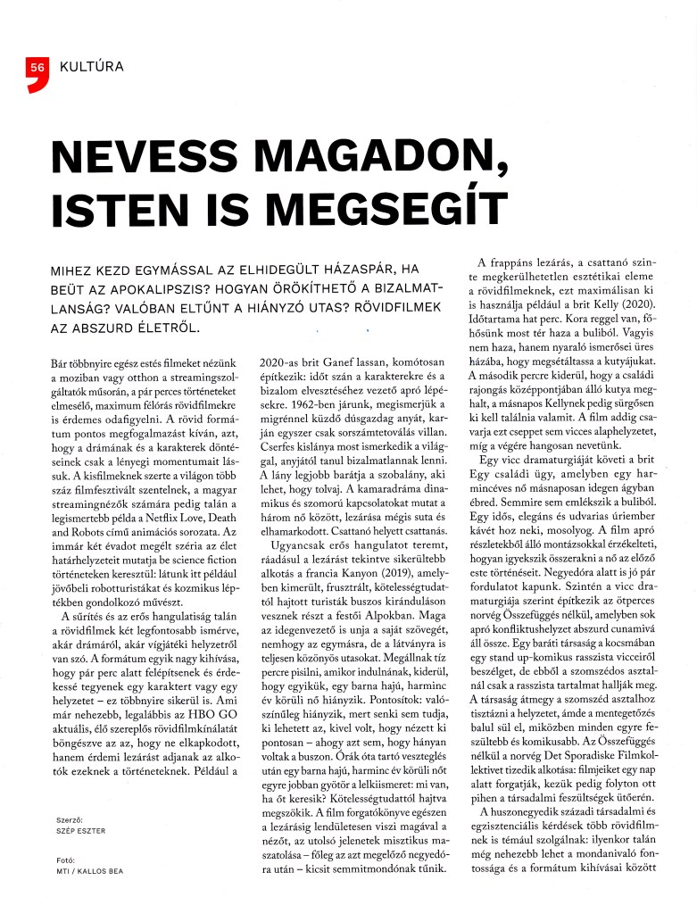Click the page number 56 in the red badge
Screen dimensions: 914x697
click(37, 67)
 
